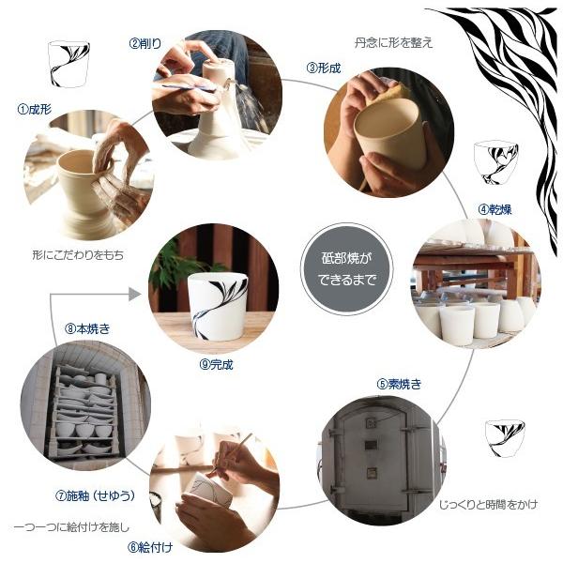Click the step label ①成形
[x=36, y=109]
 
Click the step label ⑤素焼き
[x=400, y=383]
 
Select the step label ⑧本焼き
[x=88, y=328]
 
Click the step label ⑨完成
[x=216, y=364]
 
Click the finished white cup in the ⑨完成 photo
[x=217, y=306]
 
